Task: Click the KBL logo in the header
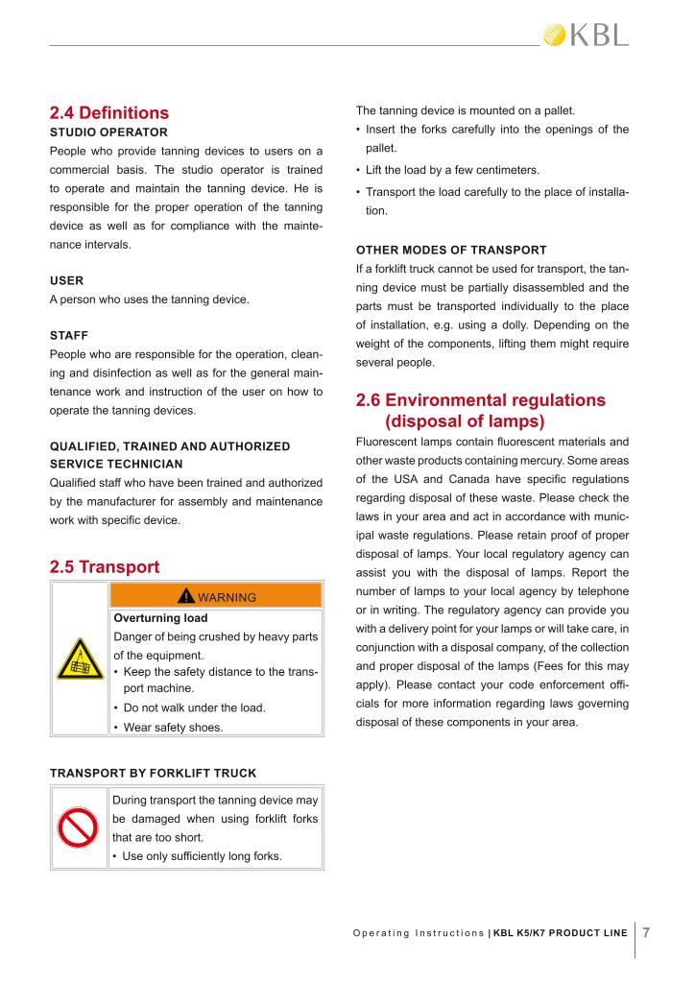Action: (x=586, y=36)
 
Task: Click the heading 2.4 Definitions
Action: (x=108, y=112)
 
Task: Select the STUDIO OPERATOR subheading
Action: (x=108, y=132)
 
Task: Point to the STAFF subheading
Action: (x=68, y=336)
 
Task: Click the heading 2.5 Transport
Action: (x=105, y=566)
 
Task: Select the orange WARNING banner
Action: (x=216, y=596)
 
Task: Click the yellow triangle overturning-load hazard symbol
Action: (x=80, y=659)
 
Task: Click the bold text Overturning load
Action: (x=160, y=618)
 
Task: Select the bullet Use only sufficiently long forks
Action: (x=202, y=856)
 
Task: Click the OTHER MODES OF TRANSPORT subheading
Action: (x=451, y=250)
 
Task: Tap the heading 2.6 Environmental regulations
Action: (x=480, y=399)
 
